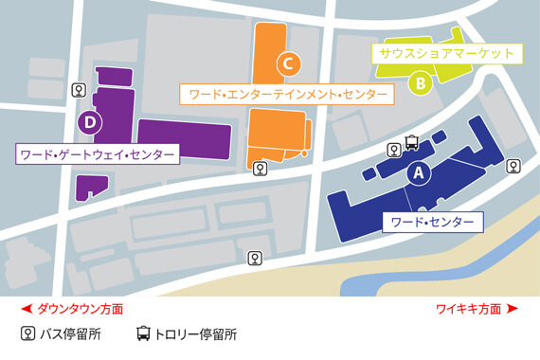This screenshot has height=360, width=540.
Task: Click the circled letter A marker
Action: click(417, 173)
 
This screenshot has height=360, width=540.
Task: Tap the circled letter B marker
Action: click(420, 82)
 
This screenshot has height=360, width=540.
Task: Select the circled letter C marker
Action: click(288, 63)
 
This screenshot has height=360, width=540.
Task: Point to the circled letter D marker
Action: click(88, 121)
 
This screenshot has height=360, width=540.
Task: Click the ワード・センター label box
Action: click(432, 223)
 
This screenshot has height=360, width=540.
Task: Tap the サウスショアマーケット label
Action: click(446, 53)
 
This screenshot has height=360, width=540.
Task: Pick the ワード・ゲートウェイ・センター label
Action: click(98, 153)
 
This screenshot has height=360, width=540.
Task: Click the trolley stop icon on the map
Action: click(412, 143)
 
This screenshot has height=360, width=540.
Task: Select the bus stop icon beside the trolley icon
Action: click(393, 150)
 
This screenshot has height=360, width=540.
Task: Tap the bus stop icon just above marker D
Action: click(80, 90)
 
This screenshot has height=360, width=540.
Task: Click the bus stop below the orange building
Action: click(260, 169)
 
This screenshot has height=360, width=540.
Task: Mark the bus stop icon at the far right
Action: click(513, 167)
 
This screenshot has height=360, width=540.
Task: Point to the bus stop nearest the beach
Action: click(255, 258)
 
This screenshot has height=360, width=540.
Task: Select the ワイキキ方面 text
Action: click(468, 309)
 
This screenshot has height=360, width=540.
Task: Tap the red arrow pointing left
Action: click(26, 309)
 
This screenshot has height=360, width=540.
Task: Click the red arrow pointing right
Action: click(513, 309)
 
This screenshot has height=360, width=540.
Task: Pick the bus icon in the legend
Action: click(28, 333)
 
